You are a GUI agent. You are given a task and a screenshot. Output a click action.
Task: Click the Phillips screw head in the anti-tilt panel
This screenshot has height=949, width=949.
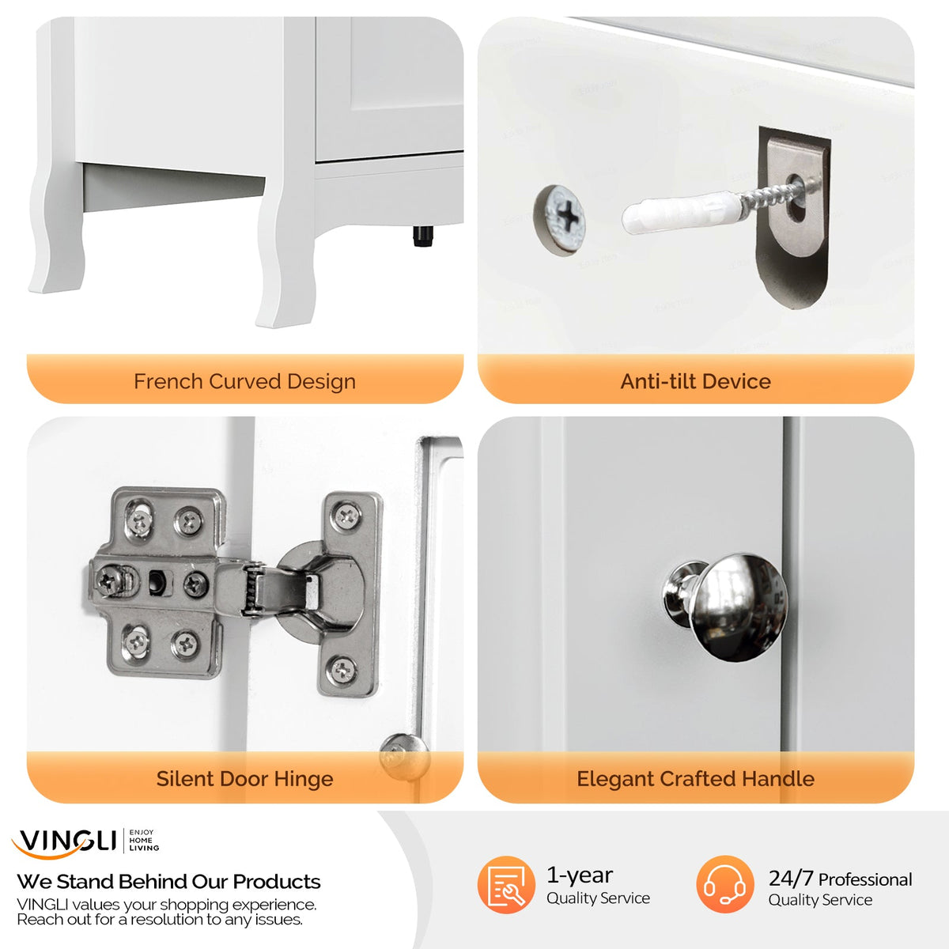click(x=560, y=220)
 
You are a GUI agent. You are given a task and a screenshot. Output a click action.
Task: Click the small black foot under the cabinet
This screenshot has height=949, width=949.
click(x=422, y=236)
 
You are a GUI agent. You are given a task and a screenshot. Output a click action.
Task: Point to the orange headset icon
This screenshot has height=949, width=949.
click(x=725, y=884)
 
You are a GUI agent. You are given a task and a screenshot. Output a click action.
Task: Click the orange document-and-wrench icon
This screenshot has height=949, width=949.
click(x=506, y=884)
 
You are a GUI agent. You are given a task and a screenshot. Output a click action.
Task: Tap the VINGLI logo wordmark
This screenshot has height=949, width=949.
click(x=64, y=842)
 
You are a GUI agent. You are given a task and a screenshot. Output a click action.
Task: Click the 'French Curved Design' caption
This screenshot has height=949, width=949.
click(x=244, y=382)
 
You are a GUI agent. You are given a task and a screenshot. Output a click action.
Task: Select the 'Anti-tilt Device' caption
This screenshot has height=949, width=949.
click(x=695, y=382)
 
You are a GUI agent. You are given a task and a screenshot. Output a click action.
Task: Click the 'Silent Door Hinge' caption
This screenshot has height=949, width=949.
click(x=244, y=779)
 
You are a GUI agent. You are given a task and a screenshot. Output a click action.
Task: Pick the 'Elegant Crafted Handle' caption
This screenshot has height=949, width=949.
click(x=695, y=779)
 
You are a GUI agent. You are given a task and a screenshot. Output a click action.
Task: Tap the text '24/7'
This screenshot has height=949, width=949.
click(x=791, y=879)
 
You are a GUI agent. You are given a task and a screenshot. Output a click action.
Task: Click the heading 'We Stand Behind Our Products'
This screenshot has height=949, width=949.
click(x=168, y=882)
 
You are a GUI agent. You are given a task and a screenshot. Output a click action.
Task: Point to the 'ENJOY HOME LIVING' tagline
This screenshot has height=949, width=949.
click(x=144, y=840)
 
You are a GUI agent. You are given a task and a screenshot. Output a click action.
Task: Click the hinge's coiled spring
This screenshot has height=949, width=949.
click(x=252, y=589)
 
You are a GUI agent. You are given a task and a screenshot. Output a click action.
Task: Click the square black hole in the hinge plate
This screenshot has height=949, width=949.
click(x=157, y=581)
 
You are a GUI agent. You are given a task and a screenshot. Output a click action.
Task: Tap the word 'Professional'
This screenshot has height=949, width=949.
click(x=865, y=880)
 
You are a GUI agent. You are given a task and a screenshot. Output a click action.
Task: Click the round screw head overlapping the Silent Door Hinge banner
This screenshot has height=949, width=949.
click(x=404, y=758)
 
